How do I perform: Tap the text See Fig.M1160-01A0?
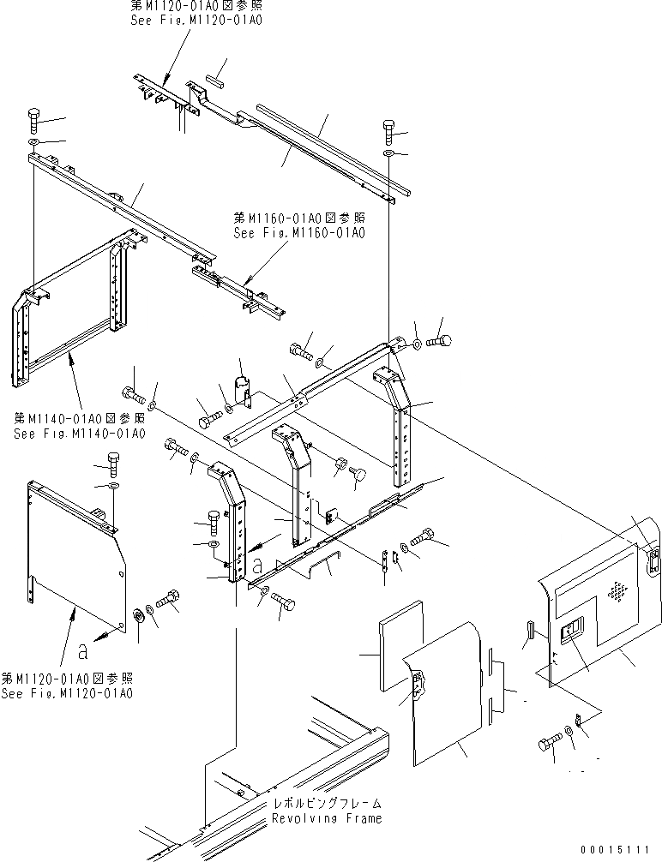pyautogui.click(x=299, y=232)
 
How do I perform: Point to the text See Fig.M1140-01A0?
pyautogui.click(x=80, y=433)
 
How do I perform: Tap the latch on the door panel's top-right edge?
pyautogui.click(x=653, y=563)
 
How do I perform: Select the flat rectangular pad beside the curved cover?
pyautogui.click(x=401, y=644)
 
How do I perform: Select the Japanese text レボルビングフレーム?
pyautogui.click(x=325, y=805)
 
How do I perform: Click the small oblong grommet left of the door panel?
pyautogui.click(x=528, y=630)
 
